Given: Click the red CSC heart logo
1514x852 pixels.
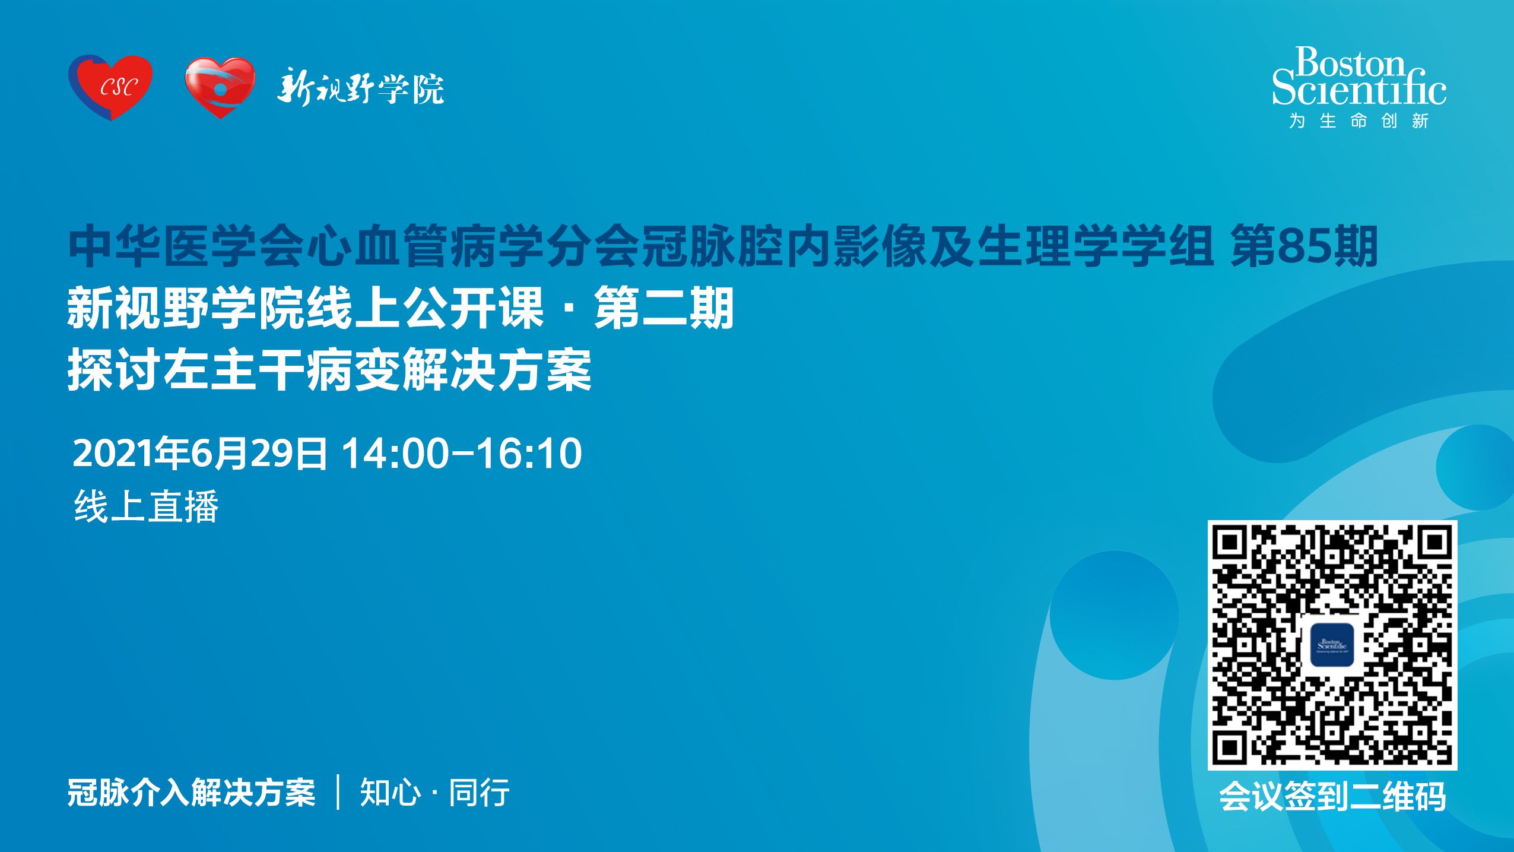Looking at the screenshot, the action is click(110, 87).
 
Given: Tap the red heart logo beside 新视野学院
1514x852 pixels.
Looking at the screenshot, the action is click(220, 88).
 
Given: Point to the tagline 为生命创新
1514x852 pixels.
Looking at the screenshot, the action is click(1359, 121).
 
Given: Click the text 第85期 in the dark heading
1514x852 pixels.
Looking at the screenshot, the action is click(1304, 246).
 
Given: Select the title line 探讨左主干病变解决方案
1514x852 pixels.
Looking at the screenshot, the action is click(330, 370).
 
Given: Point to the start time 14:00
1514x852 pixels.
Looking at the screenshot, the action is click(395, 454).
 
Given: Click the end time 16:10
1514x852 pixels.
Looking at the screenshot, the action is click(529, 454).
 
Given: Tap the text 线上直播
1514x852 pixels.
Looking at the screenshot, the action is click(147, 506).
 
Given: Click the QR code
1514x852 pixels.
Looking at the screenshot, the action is click(1332, 645).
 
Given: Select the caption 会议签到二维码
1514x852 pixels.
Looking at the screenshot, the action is click(1332, 796).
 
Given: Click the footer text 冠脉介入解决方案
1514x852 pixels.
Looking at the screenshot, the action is click(191, 793).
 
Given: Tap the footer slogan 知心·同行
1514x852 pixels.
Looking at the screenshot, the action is click(434, 793).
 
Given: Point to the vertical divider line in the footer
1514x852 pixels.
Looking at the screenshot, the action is click(338, 792).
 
